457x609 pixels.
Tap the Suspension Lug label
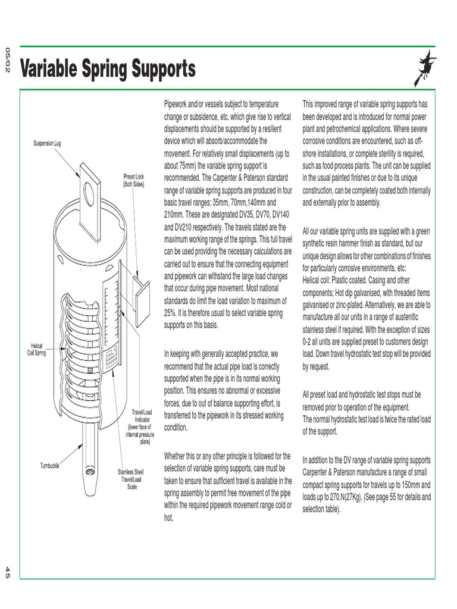47,143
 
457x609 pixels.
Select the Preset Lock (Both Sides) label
133,180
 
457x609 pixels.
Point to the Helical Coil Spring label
37,349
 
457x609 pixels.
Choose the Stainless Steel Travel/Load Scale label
131,479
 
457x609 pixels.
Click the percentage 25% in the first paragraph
172,312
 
